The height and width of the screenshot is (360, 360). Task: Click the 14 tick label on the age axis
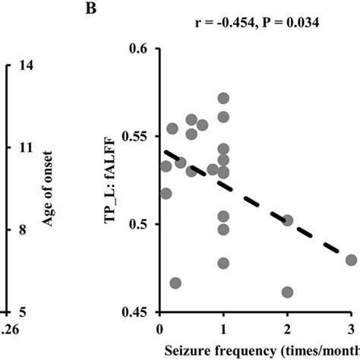click(18, 65)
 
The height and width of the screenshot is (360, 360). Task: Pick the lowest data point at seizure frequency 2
click(287, 292)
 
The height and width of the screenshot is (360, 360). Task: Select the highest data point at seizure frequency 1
click(223, 99)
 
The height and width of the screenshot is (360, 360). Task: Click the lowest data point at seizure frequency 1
click(223, 264)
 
